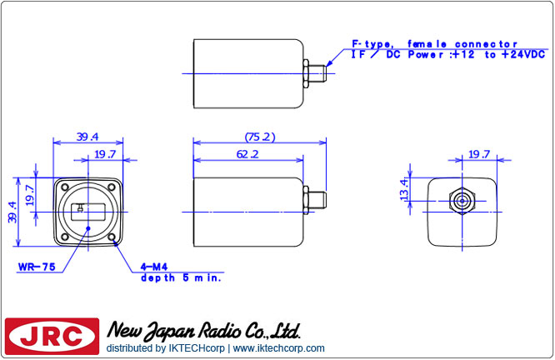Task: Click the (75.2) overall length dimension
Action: click(260, 137)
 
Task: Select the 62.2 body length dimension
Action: click(247, 154)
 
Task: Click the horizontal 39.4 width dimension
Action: click(88, 137)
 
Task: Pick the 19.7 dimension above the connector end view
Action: click(477, 154)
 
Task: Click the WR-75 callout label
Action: click(36, 267)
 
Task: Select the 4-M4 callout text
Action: click(153, 267)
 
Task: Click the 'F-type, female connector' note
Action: click(433, 43)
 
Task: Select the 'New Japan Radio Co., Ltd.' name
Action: click(203, 331)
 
